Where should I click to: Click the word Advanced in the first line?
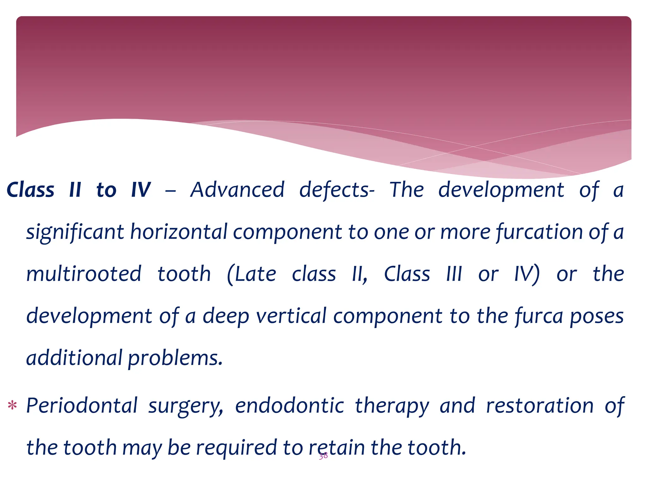[237, 190]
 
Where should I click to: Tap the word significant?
[75, 232]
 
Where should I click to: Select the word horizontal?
[178, 232]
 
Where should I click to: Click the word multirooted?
[84, 274]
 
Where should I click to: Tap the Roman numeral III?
[454, 274]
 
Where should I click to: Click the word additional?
[74, 358]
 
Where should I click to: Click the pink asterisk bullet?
[12, 405]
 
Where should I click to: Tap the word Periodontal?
[82, 405]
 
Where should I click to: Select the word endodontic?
[289, 405]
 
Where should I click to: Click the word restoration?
[540, 405]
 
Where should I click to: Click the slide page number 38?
[323, 456]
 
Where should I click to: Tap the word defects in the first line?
[337, 190]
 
